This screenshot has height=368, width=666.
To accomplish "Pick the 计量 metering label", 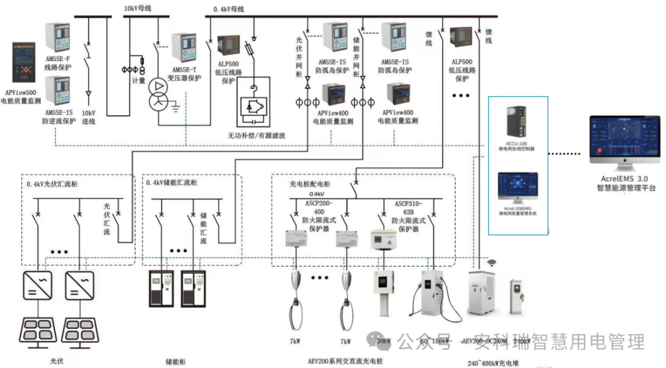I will (139, 80).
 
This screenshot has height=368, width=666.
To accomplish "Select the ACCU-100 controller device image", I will (516, 122).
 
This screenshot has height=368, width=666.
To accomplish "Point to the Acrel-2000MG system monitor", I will (516, 189).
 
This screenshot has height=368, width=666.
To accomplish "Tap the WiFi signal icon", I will (492, 263).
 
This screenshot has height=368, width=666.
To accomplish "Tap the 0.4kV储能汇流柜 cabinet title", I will (171, 183).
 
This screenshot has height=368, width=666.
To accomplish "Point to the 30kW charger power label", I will (382, 341).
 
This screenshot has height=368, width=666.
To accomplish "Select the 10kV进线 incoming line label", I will (89, 118).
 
